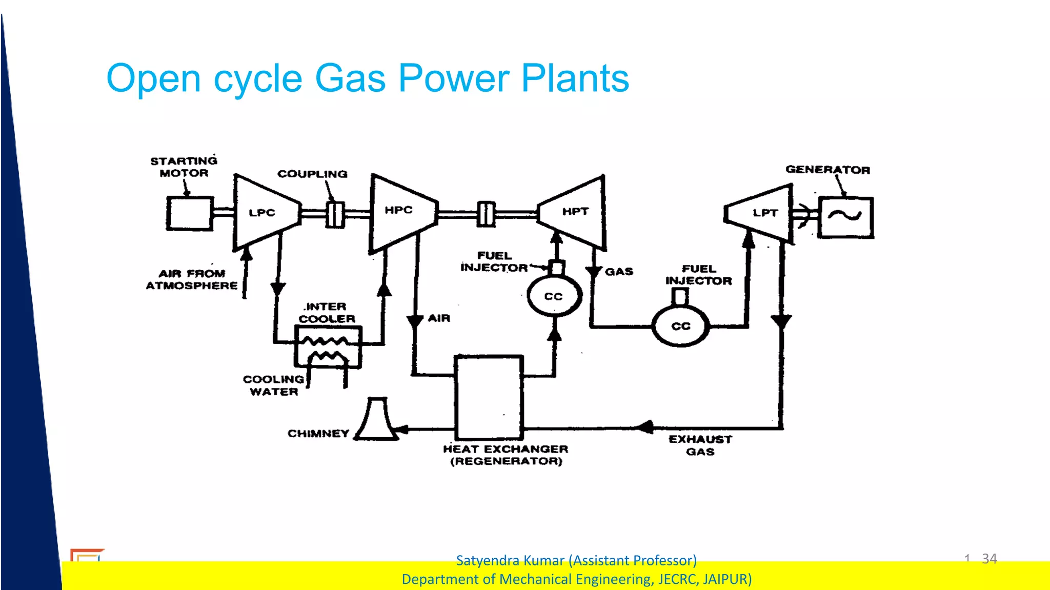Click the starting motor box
(189, 213)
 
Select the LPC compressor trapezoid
(265, 213)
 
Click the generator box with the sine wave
(845, 217)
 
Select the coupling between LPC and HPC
(335, 214)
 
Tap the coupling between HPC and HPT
(486, 214)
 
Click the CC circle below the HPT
(554, 296)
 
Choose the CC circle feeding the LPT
(681, 326)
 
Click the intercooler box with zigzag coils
(328, 348)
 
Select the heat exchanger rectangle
(489, 397)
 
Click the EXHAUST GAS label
(700, 445)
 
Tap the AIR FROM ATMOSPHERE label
(192, 279)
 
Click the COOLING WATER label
(273, 385)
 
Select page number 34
(989, 558)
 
